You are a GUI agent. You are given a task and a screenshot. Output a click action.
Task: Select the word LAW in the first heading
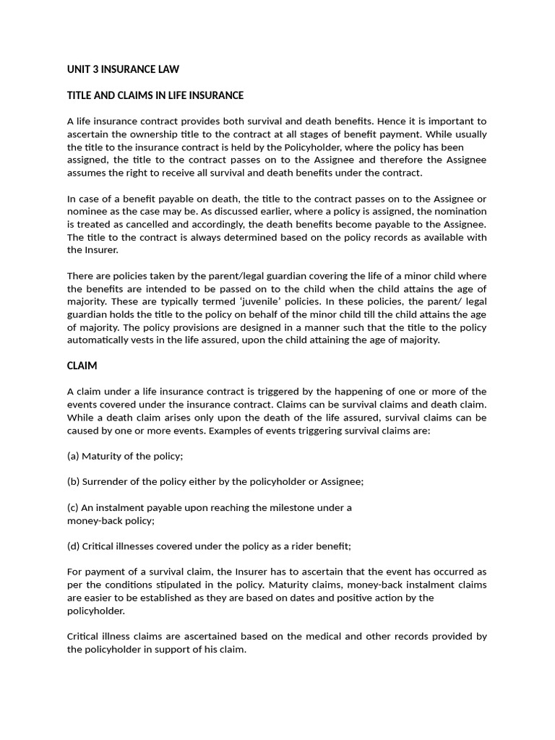coord(166,69)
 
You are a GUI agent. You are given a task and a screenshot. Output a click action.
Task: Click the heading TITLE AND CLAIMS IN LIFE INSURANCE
coord(155,95)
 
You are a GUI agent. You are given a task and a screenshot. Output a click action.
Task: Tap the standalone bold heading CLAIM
coord(82,366)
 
